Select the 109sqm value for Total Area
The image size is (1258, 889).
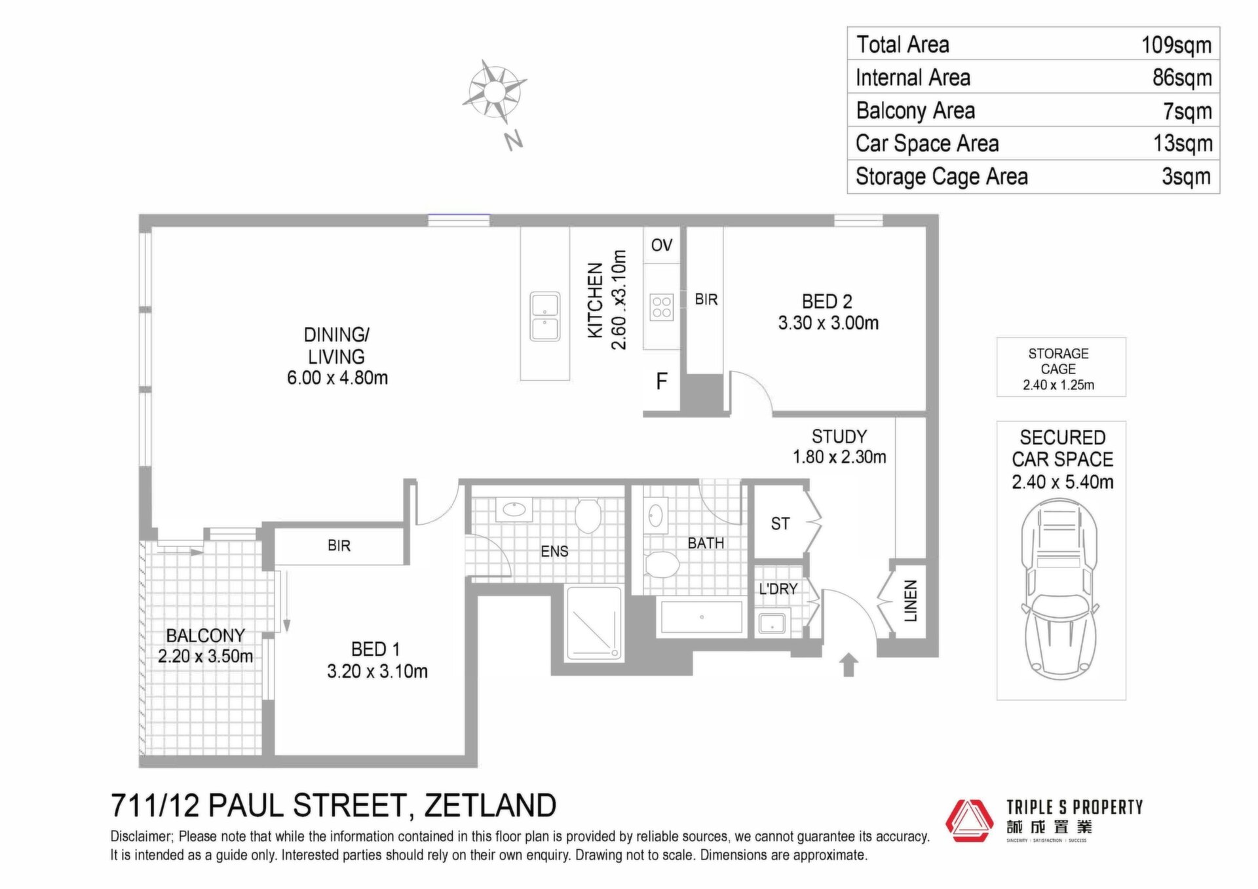(x=1176, y=45)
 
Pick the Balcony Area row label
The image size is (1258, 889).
(x=915, y=111)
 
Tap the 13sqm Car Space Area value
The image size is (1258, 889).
(x=1183, y=143)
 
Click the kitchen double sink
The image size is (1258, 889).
(x=545, y=317)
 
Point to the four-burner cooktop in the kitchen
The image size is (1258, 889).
(x=662, y=307)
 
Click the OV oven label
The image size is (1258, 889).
(x=662, y=245)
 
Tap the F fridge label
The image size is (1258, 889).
(x=662, y=381)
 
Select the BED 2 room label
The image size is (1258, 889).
(x=827, y=301)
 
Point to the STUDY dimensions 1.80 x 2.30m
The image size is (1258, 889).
(x=839, y=457)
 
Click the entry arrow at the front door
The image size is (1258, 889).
(x=848, y=664)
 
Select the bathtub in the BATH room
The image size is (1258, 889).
(x=701, y=617)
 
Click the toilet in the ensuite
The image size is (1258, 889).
(x=588, y=515)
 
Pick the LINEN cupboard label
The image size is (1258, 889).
(x=911, y=601)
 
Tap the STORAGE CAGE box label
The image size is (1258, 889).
(x=1059, y=361)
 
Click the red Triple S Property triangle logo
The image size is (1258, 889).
(x=969, y=820)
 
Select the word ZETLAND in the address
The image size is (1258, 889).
(x=490, y=805)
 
